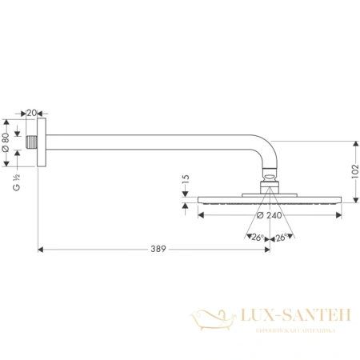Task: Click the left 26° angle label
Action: click(257, 237)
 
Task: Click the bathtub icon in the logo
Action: click(213, 320)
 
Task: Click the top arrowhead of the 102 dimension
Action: click(352, 141)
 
